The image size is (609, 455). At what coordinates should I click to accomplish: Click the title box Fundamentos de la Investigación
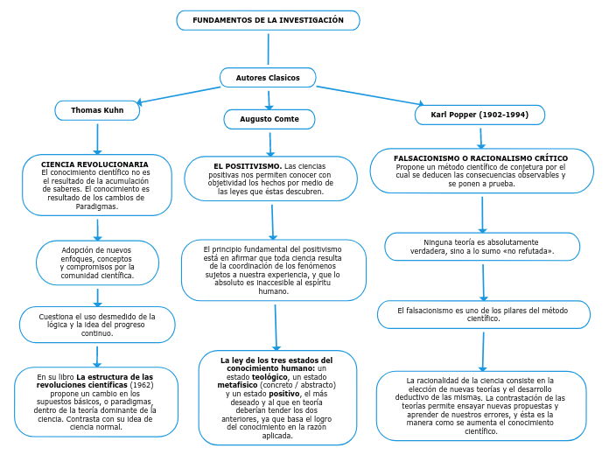click(268, 20)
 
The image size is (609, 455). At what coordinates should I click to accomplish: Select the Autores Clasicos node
click(268, 78)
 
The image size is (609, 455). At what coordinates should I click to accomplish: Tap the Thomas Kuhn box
click(97, 110)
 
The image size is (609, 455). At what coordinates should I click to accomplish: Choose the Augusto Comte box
click(269, 119)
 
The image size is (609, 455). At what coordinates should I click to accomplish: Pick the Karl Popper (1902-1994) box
click(479, 115)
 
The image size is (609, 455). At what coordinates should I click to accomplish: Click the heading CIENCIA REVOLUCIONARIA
click(94, 164)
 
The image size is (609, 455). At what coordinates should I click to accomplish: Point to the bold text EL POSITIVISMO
click(248, 165)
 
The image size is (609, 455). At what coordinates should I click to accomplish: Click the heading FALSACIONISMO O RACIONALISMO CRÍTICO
click(480, 158)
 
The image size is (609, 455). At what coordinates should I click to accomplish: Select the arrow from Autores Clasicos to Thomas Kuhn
click(179, 94)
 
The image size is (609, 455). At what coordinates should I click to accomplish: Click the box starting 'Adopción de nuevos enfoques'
click(97, 262)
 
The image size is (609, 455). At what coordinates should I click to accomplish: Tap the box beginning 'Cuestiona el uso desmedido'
click(97, 324)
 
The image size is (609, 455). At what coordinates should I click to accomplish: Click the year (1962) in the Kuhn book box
click(141, 385)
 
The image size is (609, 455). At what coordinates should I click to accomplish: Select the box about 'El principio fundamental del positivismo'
click(273, 270)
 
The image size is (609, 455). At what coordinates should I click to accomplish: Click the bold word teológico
click(269, 376)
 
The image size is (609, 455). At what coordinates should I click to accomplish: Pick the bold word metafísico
click(238, 385)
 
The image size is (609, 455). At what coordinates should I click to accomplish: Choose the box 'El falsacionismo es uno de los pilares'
click(483, 314)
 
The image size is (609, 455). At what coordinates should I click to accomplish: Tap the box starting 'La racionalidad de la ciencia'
click(481, 405)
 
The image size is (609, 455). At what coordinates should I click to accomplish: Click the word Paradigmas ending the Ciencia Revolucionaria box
click(96, 206)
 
